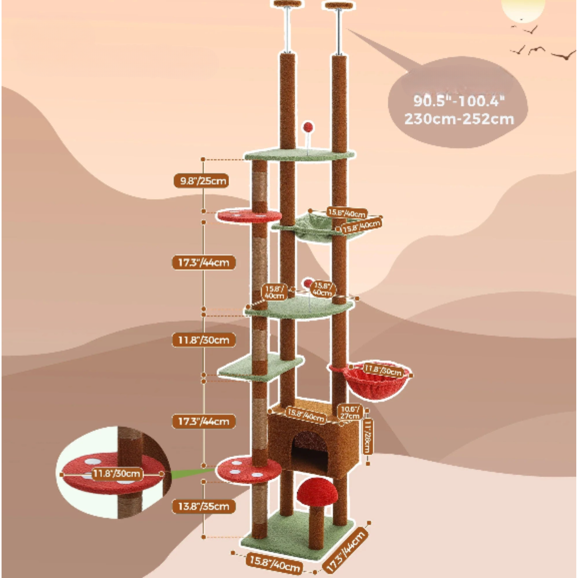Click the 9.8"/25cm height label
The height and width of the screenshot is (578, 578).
(x=201, y=181)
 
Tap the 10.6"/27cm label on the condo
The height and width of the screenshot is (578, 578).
(x=350, y=412)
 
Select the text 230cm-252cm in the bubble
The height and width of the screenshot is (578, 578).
(x=459, y=119)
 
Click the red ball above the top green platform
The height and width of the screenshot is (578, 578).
(x=308, y=127)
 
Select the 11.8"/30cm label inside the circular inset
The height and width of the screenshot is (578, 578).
(x=117, y=474)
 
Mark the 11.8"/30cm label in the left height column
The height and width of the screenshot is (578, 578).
(x=204, y=340)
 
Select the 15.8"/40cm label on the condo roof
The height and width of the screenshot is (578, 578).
(x=305, y=414)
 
